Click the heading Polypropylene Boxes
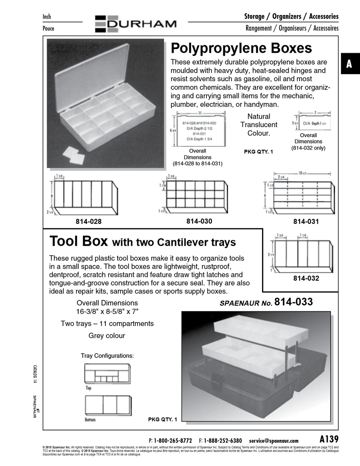click(x=241, y=48)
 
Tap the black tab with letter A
click(x=349, y=64)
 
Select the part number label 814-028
click(x=88, y=221)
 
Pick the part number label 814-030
click(x=199, y=221)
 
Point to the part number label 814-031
click(x=306, y=221)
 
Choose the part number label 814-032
click(x=306, y=278)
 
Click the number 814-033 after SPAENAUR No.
click(x=293, y=302)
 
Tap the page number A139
click(x=329, y=439)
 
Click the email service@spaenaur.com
click(x=274, y=441)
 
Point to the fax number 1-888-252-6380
click(x=223, y=441)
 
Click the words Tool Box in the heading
click(x=79, y=241)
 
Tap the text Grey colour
click(x=107, y=336)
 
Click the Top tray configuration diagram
click(x=107, y=374)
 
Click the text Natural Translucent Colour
click(x=258, y=125)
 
